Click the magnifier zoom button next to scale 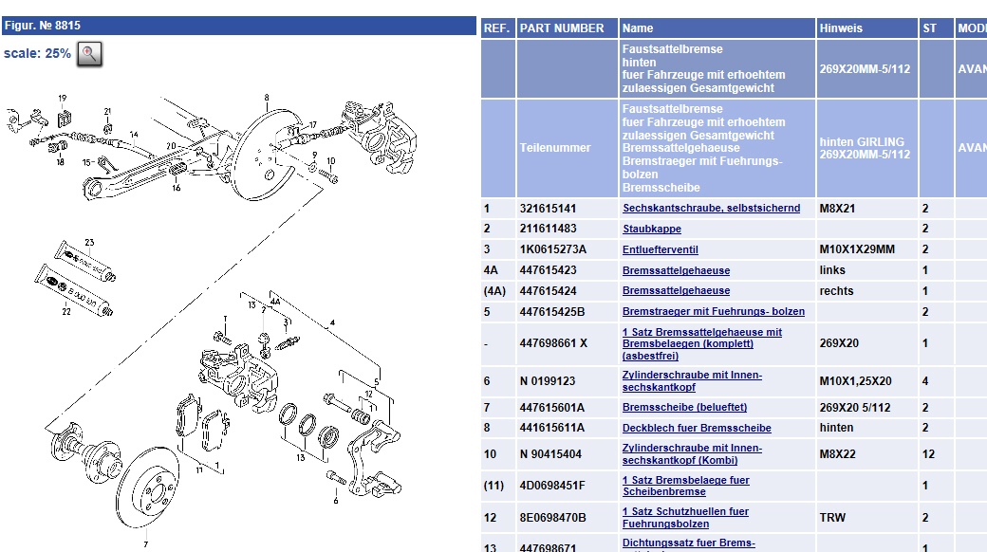[x=88, y=53]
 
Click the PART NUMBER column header [x=562, y=28]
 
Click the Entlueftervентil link [x=661, y=249]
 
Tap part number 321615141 [x=548, y=208]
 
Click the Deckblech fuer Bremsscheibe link [x=697, y=428]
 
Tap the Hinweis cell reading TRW [x=832, y=518]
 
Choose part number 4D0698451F [x=552, y=486]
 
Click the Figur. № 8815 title [x=43, y=26]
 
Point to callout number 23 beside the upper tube [x=89, y=242]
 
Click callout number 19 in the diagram [x=63, y=99]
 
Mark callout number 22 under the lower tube [x=66, y=311]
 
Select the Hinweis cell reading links [x=831, y=270]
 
